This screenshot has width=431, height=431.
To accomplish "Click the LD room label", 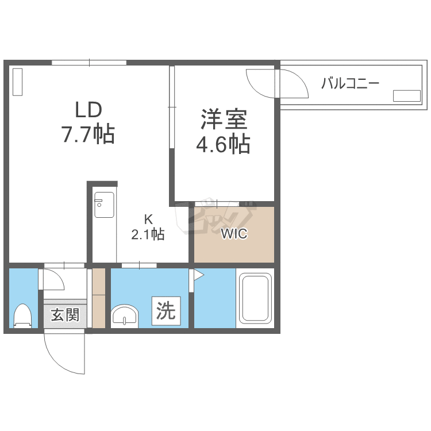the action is click(x=88, y=110).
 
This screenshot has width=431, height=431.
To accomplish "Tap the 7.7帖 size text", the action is click(x=88, y=134).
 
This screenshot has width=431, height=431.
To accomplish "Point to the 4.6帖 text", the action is click(x=223, y=144).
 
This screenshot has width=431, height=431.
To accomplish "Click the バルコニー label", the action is click(x=350, y=83).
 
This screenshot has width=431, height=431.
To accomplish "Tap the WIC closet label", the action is click(x=234, y=234).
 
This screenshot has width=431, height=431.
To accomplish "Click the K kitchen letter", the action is click(x=148, y=219).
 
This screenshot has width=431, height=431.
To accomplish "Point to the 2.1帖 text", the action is click(x=148, y=234).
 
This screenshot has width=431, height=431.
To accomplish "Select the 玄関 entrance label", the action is click(x=65, y=314).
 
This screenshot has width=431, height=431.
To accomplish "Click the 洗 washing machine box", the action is click(x=166, y=311).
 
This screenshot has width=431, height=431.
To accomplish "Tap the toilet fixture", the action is click(x=23, y=316).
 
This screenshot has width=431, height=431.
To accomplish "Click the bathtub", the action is click(x=255, y=298).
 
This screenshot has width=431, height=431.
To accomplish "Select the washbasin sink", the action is click(x=125, y=316).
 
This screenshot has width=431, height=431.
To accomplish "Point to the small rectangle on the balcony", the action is click(x=406, y=96).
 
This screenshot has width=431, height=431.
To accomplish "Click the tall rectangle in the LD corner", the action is click(x=18, y=82).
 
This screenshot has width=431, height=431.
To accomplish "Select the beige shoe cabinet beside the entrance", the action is click(x=99, y=298).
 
